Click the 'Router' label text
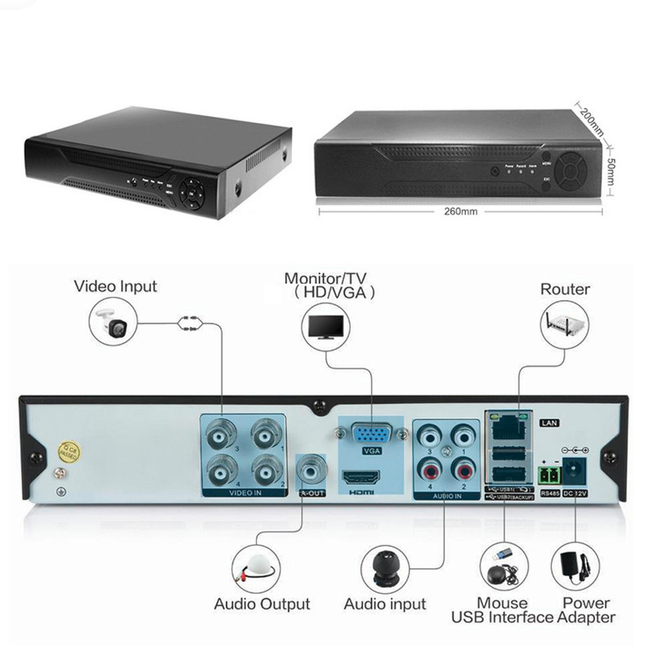[565, 289]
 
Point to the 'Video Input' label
[115, 286]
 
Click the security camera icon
[113, 322]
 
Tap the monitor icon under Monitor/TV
[326, 327]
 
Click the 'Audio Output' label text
[262, 604]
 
